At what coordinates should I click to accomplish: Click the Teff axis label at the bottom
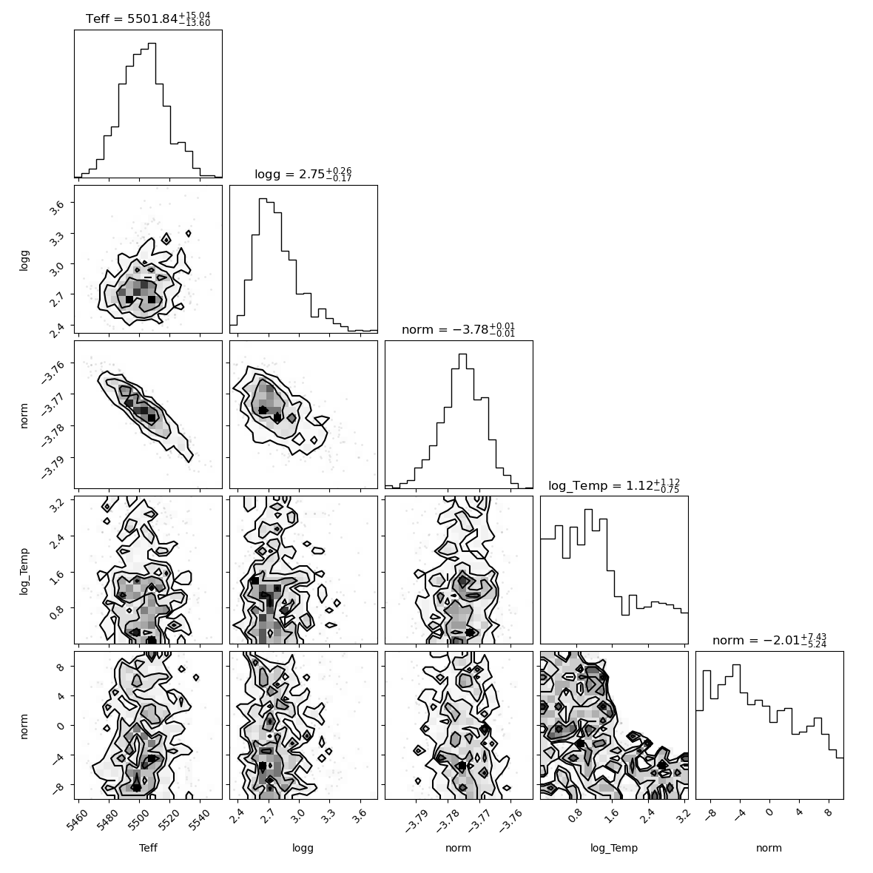point(148,848)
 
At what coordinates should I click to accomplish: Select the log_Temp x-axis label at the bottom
point(614,849)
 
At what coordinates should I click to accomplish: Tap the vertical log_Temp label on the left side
point(24,571)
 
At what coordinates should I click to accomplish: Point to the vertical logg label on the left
point(24,260)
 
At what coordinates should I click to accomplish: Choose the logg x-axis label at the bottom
point(303,849)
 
